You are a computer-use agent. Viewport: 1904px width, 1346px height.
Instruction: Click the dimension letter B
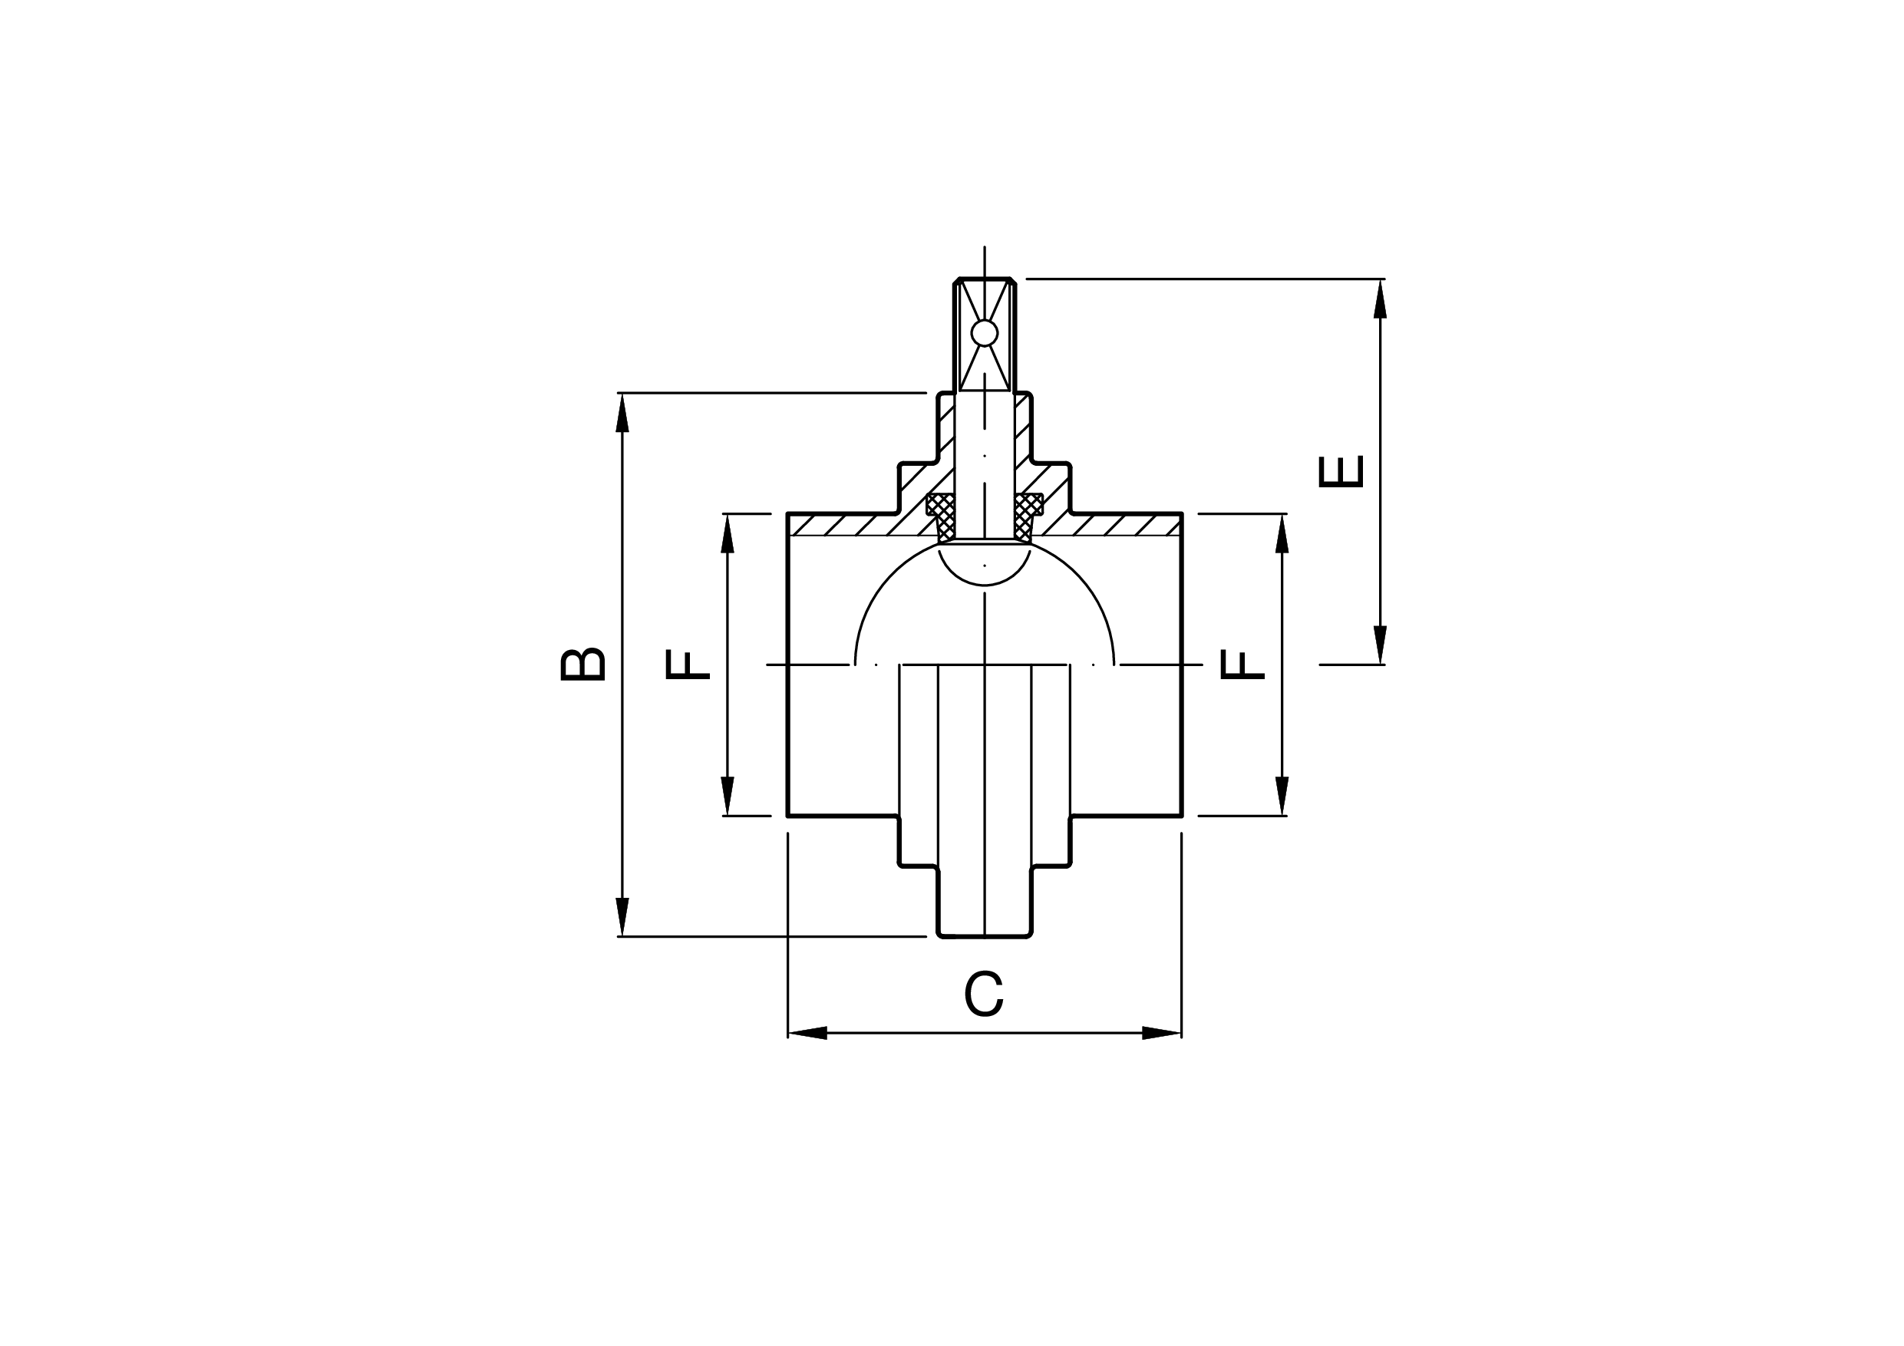[583, 665]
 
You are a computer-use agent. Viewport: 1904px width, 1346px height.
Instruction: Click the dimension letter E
[1340, 471]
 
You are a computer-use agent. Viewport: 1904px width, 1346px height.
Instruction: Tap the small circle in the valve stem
[985, 333]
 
